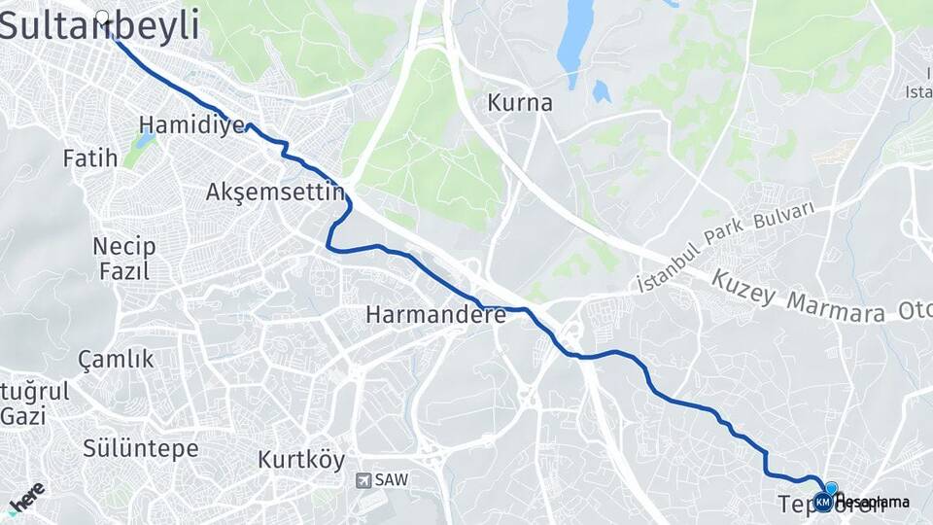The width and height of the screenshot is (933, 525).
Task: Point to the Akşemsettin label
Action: coord(276,192)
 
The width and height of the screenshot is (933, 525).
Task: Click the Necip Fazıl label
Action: coord(123,258)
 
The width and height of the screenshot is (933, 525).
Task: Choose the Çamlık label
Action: coord(116,359)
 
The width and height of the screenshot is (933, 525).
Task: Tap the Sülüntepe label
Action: coord(140,448)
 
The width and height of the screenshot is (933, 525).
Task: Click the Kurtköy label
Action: coord(301,460)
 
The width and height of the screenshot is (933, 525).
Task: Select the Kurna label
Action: coord(520,102)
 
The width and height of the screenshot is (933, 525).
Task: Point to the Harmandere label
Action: coord(435,315)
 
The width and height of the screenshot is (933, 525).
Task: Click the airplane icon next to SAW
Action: coord(363,480)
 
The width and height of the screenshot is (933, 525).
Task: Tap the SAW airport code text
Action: coord(391,480)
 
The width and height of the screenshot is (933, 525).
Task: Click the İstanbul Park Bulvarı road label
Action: coord(725,247)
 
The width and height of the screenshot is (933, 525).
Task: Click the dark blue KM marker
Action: coord(823,503)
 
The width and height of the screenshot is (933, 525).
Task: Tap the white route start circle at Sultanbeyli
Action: coord(102,16)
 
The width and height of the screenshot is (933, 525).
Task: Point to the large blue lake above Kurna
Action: coord(575,39)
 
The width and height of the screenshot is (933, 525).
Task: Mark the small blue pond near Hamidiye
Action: coord(146,140)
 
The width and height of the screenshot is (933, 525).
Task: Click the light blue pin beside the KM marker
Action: coord(831,488)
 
